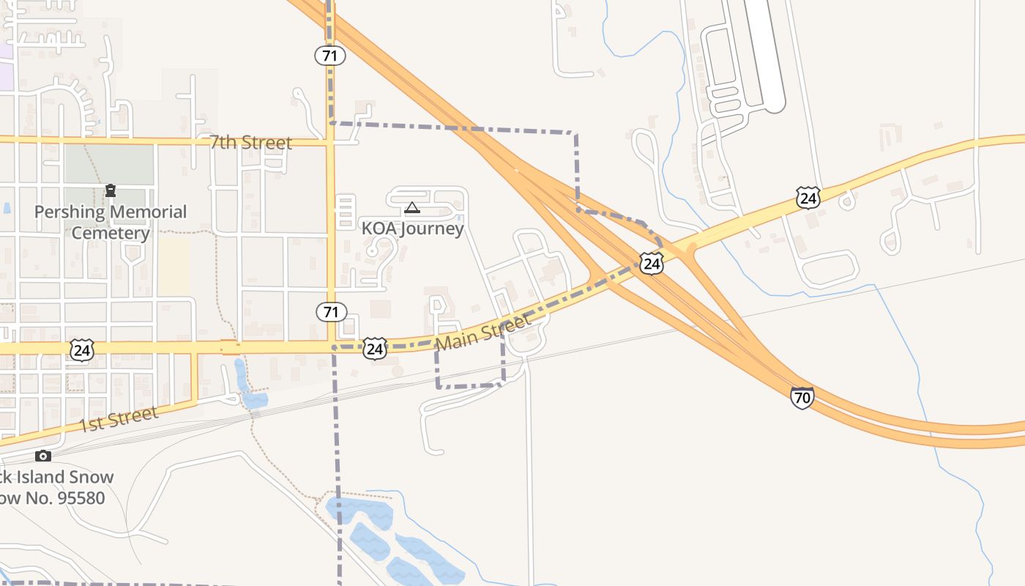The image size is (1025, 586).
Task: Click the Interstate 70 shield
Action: pos(802,398)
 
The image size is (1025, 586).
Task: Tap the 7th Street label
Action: pos(250,143)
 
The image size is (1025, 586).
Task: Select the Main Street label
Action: pos(482,332)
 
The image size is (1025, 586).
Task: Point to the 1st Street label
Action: pos(118,420)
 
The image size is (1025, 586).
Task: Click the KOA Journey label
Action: pos(413,229)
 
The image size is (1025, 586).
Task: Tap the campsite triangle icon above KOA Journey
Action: pos(412,208)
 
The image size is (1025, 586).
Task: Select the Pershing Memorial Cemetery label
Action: pos(111,223)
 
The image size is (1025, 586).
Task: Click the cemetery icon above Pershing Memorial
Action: pos(111,191)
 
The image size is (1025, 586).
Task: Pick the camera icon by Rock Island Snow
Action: pos(43,456)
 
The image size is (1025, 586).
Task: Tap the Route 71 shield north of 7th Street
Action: pos(330,55)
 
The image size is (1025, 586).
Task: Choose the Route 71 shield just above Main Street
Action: pos(331,312)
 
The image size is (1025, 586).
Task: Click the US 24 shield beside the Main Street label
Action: pos(374,349)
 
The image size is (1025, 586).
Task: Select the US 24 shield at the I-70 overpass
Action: pos(652,264)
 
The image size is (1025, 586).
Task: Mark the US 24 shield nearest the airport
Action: pos(808,198)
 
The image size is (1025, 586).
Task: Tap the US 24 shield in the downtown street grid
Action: pos(82,350)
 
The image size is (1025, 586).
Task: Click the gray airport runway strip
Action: pos(764,55)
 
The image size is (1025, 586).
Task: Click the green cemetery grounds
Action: pos(110,165)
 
